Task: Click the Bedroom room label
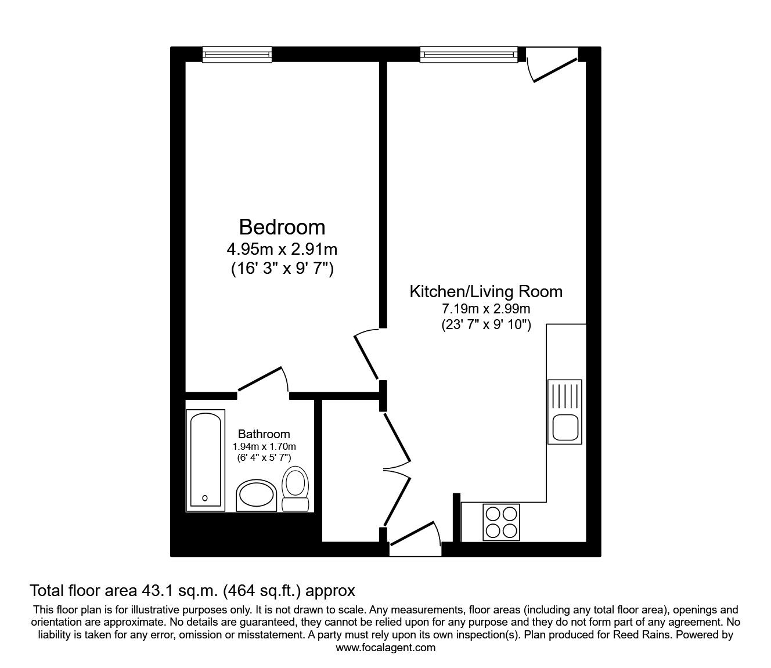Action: [x=282, y=227]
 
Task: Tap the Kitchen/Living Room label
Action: [x=486, y=291]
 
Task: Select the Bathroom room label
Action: [x=264, y=434]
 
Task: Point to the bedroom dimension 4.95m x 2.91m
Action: [x=282, y=249]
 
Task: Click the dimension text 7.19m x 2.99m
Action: [x=486, y=309]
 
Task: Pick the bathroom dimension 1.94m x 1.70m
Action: [x=264, y=446]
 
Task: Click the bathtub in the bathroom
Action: [x=206, y=460]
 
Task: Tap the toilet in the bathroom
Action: [x=296, y=489]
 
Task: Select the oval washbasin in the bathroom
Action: [x=257, y=495]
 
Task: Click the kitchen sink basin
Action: [x=565, y=427]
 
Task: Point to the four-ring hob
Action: [x=501, y=522]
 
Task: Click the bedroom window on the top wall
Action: [x=237, y=54]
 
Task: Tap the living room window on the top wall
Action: [x=469, y=54]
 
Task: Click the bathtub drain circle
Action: [x=205, y=498]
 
